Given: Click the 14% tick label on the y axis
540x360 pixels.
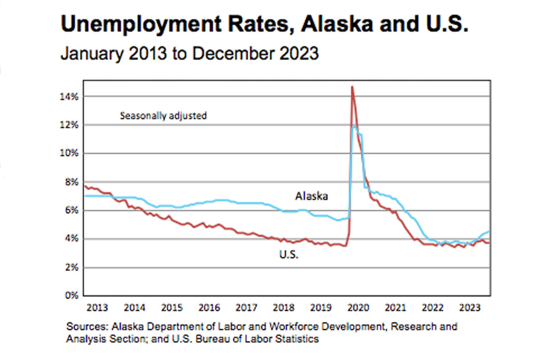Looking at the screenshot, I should (69, 96).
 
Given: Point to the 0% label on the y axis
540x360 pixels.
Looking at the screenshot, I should (71, 296).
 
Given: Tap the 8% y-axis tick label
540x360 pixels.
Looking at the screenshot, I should (71, 182).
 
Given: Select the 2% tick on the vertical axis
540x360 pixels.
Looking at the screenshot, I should (71, 267).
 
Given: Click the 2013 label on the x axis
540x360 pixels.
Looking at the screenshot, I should (97, 308).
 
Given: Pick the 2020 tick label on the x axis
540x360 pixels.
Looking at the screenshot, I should (358, 308).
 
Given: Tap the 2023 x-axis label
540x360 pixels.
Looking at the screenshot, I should (470, 308).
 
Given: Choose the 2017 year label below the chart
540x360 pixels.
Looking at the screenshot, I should (246, 308).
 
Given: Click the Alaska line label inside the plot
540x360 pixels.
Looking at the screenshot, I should (311, 196).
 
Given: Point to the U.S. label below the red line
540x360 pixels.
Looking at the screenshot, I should (289, 255).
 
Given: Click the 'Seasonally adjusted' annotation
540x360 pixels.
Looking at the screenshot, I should (163, 116).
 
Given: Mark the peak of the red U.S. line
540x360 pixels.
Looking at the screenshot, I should (352, 87).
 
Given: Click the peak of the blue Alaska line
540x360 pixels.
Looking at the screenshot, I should (355, 126).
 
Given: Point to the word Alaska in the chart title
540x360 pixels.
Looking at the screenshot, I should (337, 24).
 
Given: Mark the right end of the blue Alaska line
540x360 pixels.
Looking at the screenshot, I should (489, 231).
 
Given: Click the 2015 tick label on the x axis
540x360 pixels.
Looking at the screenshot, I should (172, 308).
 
